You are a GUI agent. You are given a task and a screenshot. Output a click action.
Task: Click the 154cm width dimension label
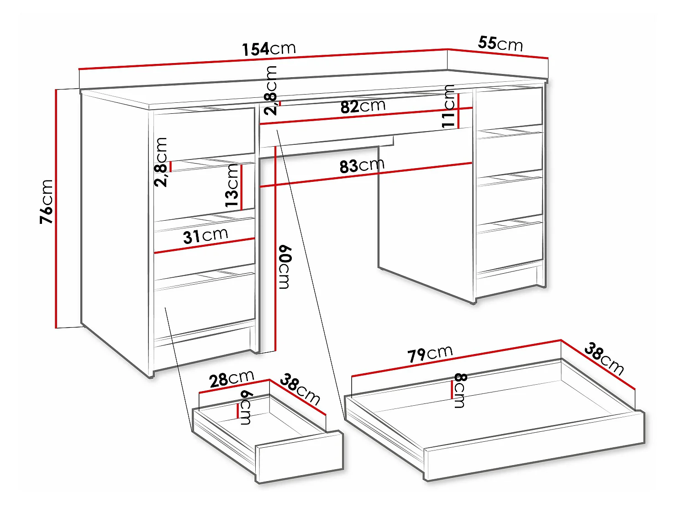click(269, 49)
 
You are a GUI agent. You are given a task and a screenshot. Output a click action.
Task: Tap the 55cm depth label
click(500, 43)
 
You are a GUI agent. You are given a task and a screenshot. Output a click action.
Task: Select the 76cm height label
click(47, 201)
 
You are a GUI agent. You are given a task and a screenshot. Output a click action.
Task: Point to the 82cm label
click(363, 106)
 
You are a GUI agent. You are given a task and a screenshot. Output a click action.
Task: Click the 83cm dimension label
click(362, 166)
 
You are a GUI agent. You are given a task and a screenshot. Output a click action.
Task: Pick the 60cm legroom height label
click(285, 267)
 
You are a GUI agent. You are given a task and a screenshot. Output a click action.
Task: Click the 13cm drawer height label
click(232, 185)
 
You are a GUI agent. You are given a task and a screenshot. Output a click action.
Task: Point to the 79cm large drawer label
click(430, 354)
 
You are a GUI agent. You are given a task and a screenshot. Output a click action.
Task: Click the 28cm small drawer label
click(232, 379)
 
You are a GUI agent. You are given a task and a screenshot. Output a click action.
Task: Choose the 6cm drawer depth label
click(246, 408)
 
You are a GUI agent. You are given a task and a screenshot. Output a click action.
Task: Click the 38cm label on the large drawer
click(604, 359)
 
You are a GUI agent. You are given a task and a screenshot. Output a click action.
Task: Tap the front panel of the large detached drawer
click(535, 445)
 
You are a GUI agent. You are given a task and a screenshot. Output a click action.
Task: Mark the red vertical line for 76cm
click(56, 208)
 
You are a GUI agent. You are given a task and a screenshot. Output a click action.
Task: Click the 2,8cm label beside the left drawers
click(160, 162)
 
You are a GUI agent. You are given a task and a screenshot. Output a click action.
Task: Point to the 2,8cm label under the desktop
click(270, 90)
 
